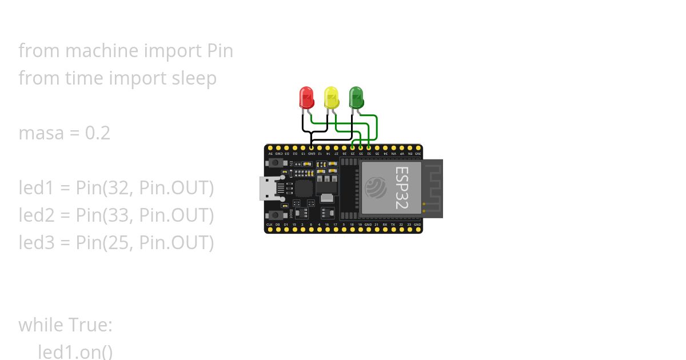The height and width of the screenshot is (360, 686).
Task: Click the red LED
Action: coord(306,98)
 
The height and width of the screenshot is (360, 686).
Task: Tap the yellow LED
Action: coord(331,98)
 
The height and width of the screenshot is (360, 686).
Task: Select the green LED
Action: coord(356,98)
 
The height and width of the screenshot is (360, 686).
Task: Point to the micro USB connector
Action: coord(268,188)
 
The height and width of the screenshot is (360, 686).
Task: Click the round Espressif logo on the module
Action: coord(376,187)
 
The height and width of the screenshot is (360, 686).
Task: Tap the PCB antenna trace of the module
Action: coord(434,187)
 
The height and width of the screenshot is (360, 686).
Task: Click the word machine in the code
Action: coord(102,51)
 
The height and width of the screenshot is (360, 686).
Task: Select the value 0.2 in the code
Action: coord(97,133)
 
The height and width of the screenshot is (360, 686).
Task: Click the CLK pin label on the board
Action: coord(270,225)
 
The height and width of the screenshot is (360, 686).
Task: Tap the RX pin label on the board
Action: coord(385,225)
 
